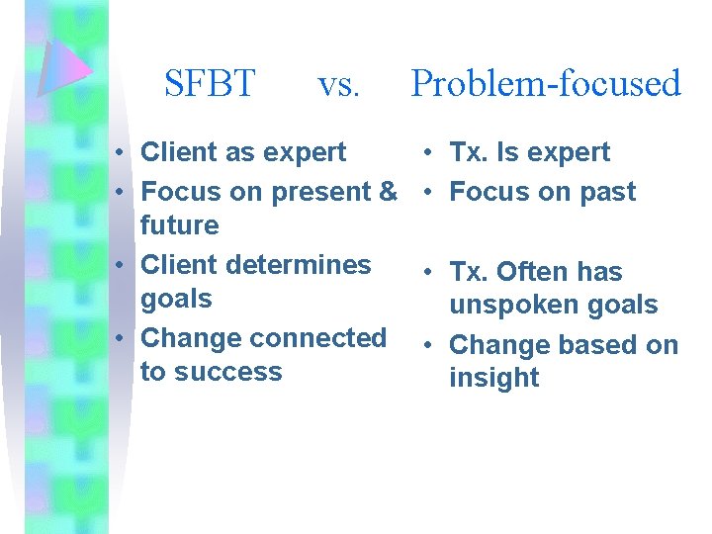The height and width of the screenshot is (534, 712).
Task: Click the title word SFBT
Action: [x=210, y=83]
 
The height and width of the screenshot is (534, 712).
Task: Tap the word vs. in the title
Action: [x=339, y=85]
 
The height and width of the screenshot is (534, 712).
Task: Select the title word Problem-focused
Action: [x=546, y=83]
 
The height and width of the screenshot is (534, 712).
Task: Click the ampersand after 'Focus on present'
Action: [x=387, y=192]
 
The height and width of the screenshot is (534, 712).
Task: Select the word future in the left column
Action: [x=179, y=225]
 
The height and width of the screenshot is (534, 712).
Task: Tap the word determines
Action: [x=303, y=265]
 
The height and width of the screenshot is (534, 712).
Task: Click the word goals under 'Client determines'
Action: [x=177, y=299]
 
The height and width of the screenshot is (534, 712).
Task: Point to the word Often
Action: [x=531, y=271]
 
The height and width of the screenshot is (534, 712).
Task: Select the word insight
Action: [x=493, y=378]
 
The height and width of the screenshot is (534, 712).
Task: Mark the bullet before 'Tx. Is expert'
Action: [x=422, y=152]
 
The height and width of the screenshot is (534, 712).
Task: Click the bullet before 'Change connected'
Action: [x=118, y=337]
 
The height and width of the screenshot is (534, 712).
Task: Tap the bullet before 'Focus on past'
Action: [x=422, y=192]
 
